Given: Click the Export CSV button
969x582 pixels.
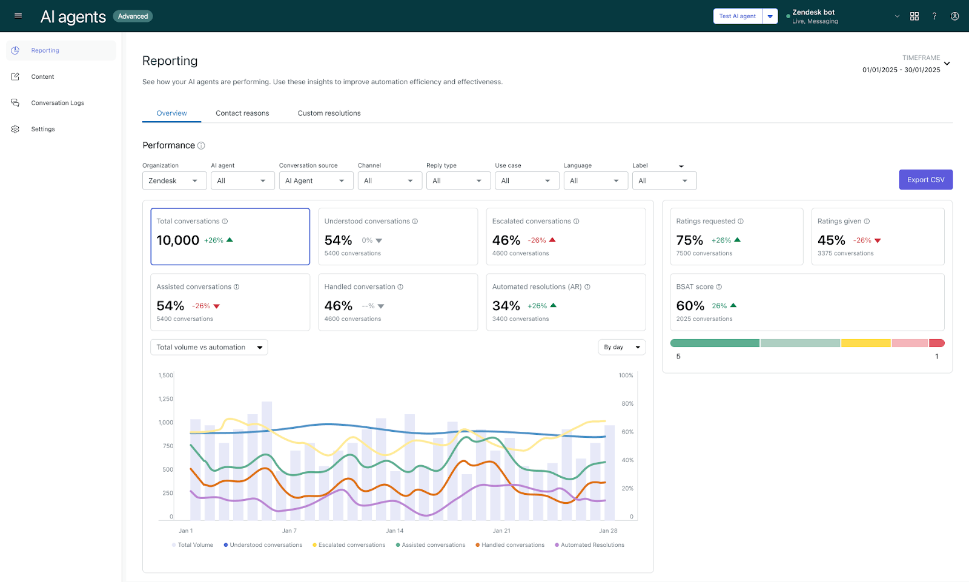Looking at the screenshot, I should [x=925, y=180].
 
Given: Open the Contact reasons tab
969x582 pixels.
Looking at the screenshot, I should [x=242, y=113].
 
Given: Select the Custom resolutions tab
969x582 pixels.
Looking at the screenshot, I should [x=329, y=113].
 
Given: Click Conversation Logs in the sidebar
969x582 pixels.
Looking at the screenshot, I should [x=58, y=103].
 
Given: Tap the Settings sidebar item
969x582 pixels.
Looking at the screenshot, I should [x=43, y=129].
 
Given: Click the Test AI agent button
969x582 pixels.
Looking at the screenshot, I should [x=737, y=16].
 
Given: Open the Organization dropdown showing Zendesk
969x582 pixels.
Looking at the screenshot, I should [x=174, y=180].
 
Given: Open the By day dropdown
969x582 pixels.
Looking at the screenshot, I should [x=621, y=347].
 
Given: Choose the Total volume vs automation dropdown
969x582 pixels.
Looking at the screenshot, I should [x=209, y=347].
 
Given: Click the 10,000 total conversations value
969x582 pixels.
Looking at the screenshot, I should [x=178, y=240].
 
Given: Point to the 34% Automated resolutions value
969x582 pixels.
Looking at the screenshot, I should [x=506, y=306].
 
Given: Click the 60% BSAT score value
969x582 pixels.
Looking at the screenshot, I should [x=690, y=306].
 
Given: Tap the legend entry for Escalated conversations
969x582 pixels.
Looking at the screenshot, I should [x=352, y=545].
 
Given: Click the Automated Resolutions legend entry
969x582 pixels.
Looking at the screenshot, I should [x=592, y=545].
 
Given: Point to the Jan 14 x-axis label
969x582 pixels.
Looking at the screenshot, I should [x=395, y=531].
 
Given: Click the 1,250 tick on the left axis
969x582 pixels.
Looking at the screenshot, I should [x=165, y=399].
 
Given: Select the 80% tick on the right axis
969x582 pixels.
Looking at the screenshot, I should [x=627, y=403].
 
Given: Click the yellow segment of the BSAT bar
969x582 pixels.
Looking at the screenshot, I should [x=865, y=343].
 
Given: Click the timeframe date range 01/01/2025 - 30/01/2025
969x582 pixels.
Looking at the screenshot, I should [x=901, y=70].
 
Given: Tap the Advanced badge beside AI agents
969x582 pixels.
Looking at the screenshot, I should [x=133, y=16].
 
